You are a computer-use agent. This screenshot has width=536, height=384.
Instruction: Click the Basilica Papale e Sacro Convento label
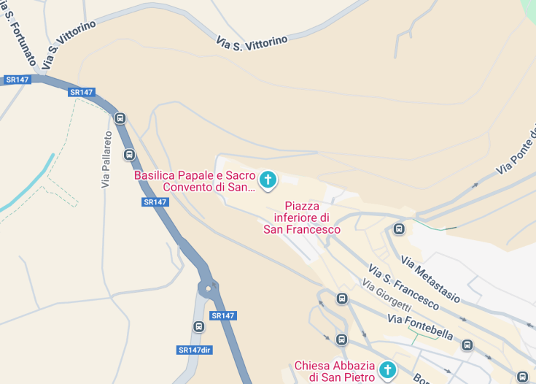click(x=195, y=181)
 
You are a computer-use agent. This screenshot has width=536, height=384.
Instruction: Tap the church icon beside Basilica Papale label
click(x=268, y=180)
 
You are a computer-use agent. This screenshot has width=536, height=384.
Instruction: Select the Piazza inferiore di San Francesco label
click(x=302, y=218)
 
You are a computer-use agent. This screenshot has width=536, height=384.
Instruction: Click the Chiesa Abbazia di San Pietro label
click(x=335, y=371)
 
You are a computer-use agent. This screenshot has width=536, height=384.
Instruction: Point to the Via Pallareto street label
click(x=107, y=159)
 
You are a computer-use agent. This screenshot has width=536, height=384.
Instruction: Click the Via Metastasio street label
click(x=430, y=279)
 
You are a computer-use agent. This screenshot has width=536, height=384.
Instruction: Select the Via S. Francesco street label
click(x=403, y=287)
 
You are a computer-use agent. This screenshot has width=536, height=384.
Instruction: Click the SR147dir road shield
click(x=195, y=350)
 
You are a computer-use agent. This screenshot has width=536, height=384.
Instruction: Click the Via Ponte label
click(x=516, y=158)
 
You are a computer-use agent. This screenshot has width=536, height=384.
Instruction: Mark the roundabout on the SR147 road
click(x=209, y=288)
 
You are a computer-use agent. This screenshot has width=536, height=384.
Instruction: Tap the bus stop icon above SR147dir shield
click(x=198, y=327)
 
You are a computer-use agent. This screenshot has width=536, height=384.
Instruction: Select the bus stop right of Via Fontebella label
click(x=467, y=345)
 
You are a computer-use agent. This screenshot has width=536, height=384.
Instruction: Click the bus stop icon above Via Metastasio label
click(x=399, y=229)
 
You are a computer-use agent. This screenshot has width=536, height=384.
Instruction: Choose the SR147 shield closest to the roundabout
click(x=222, y=315)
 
